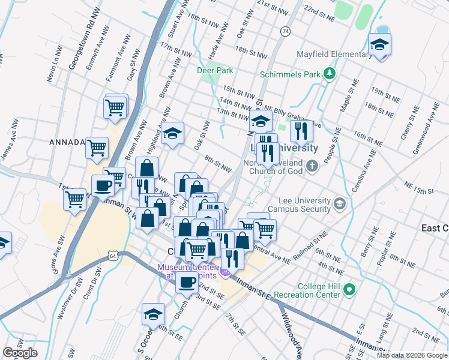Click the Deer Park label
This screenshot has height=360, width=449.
(x=215, y=70)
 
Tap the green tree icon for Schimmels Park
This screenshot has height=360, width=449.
(x=328, y=74)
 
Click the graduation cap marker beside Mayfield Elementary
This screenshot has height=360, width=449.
(x=379, y=46)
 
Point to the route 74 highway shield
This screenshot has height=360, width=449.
(x=285, y=31)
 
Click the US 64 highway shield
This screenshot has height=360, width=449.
(x=113, y=256)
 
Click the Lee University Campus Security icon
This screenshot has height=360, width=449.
(x=340, y=205)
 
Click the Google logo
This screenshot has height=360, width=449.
(x=20, y=353)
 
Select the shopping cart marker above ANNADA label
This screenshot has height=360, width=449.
(x=115, y=108)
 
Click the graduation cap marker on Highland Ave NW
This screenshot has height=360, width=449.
(x=172, y=133)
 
